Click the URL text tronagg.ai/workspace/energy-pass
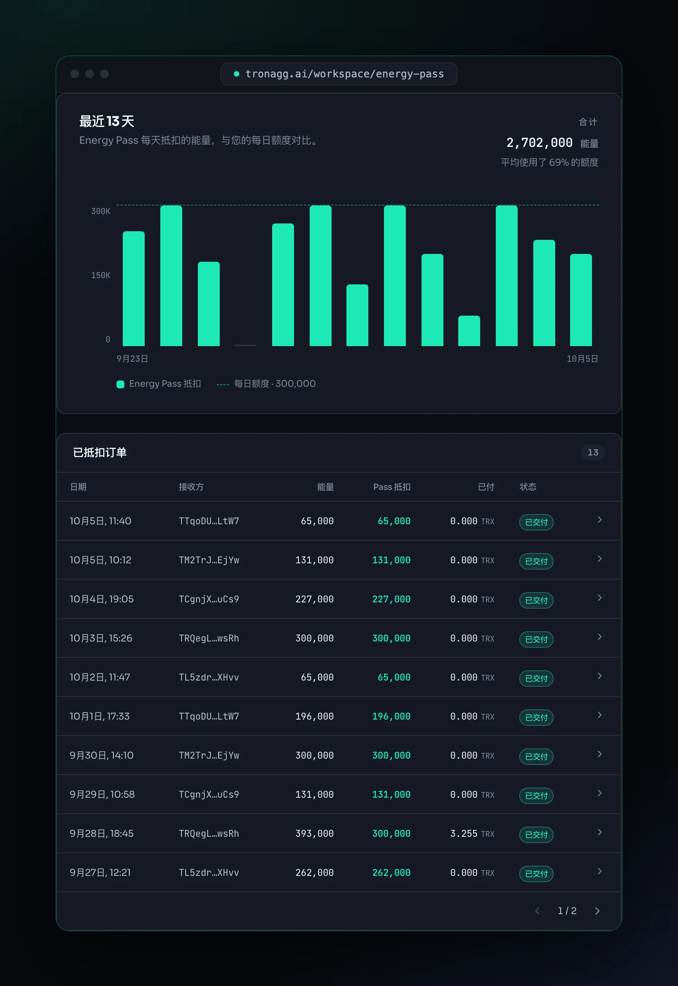[344, 74]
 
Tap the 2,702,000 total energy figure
[539, 143]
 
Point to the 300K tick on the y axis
[100, 211]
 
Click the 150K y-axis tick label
[100, 275]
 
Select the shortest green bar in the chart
[469, 330]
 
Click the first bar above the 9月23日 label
[133, 289]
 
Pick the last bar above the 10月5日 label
[581, 300]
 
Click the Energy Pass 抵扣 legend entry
[159, 384]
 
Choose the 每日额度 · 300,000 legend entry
[266, 384]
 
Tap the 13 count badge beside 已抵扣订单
[593, 452]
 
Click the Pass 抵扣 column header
[392, 487]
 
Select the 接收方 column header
[191, 487]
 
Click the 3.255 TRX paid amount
[472, 834]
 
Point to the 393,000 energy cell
[314, 834]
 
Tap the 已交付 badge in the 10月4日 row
[536, 600]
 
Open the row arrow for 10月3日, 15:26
[599, 637]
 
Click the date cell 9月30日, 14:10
[102, 756]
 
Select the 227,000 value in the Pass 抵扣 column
[391, 599]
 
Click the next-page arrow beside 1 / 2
[597, 911]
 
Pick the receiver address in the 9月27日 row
[208, 873]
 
